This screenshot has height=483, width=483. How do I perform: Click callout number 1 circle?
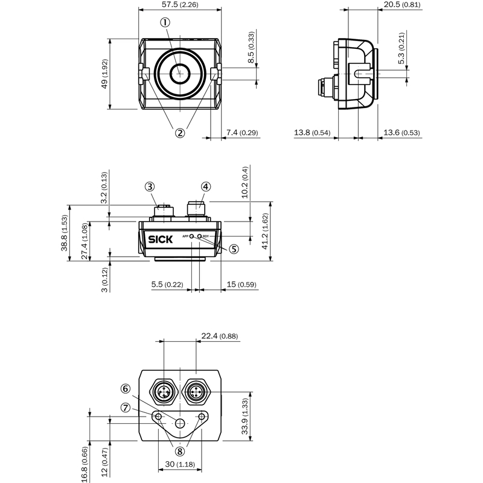[164, 22]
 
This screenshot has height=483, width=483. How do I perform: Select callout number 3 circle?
[150, 187]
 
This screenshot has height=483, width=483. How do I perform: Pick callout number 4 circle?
[206, 187]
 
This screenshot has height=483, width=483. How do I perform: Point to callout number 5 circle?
[232, 248]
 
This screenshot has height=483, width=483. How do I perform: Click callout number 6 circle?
[125, 389]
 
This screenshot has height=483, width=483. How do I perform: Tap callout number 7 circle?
[125, 408]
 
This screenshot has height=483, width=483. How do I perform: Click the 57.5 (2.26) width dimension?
[179, 5]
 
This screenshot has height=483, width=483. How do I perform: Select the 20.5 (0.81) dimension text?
[402, 5]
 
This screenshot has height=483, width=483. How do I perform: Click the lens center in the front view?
[179, 74]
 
